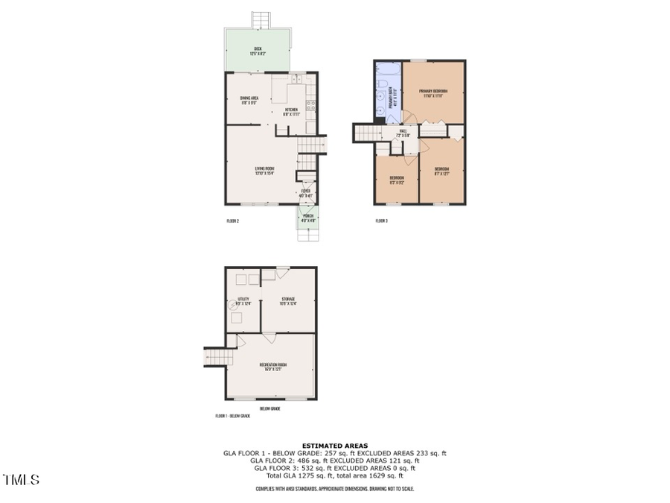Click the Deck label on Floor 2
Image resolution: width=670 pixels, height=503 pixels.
[257, 50]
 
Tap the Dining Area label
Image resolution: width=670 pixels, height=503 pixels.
[249, 101]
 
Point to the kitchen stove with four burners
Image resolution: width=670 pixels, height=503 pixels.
[311, 106]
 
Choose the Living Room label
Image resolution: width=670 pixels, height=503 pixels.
[264, 171]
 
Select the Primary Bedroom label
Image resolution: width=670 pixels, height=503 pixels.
[433, 92]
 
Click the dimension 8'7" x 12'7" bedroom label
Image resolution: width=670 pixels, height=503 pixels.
[441, 170]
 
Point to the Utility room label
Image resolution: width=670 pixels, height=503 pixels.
[243, 301]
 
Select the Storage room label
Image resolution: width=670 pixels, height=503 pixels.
[287, 301]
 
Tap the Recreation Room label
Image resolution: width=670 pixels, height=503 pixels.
[272, 366]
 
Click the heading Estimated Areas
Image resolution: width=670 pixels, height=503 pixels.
[334, 446]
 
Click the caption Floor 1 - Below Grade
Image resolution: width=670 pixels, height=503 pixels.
[232, 416]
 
